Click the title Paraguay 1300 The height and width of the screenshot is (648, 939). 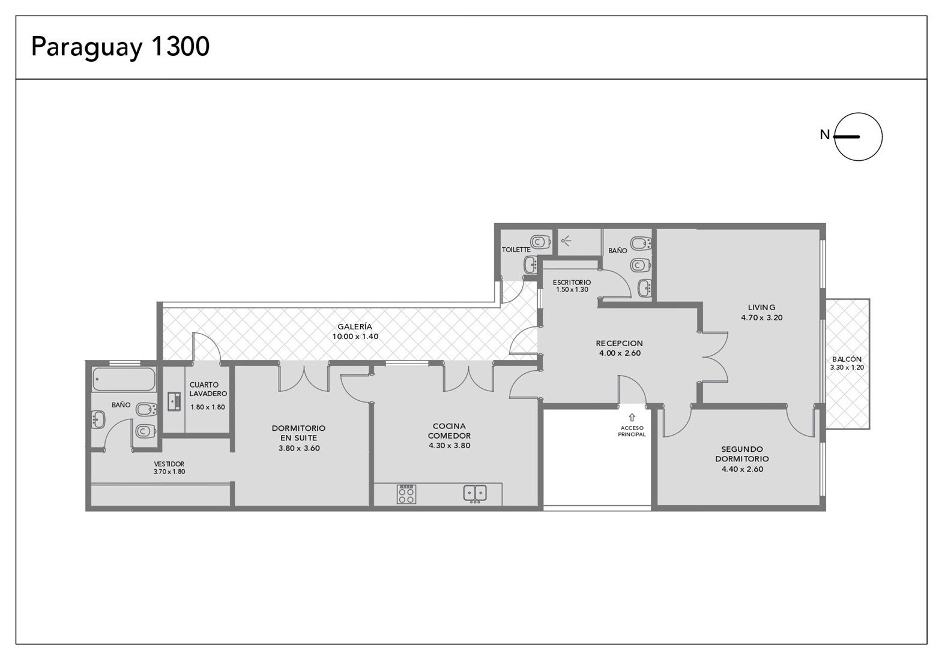tap(120, 47)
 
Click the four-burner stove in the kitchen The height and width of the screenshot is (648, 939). tap(406, 494)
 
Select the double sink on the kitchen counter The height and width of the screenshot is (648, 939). tap(475, 493)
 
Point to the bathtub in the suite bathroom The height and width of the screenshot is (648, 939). tap(124, 379)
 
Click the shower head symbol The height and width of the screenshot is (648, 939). tap(566, 240)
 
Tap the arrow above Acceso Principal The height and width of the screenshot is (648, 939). tap(632, 417)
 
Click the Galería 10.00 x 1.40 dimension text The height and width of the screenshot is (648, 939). tap(355, 337)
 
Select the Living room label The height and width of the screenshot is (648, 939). tap(762, 307)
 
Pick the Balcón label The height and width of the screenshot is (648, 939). tap(847, 359)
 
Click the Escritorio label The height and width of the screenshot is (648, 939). tap(572, 283)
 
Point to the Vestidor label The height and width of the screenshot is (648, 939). tap(169, 464)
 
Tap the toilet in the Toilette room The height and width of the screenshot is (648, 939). tap(540, 242)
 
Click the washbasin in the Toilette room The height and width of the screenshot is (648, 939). tap(531, 265)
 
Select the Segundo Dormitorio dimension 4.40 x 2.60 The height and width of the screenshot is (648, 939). tap(743, 469)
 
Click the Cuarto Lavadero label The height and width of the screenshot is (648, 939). tap(208, 389)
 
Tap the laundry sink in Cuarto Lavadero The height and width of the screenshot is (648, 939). tap(174, 401)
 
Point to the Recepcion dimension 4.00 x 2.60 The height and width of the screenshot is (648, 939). tap(620, 353)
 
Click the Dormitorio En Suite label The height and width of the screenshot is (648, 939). tap(298, 433)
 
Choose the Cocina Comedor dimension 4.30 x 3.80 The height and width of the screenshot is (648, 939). tap(449, 446)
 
